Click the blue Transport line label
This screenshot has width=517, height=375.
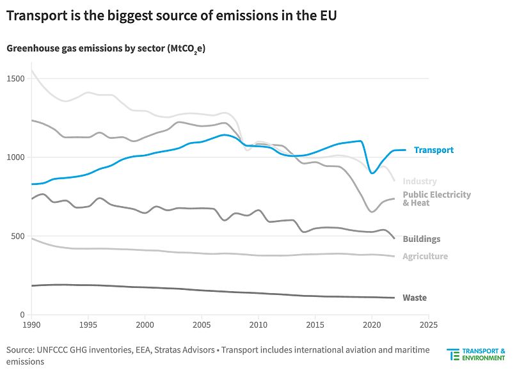click(x=433, y=150)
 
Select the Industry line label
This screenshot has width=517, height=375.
click(x=420, y=182)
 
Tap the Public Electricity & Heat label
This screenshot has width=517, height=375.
click(x=436, y=199)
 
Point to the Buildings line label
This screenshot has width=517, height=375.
click(x=421, y=239)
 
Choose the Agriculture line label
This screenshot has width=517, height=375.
click(x=425, y=257)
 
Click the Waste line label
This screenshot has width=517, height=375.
click(x=414, y=298)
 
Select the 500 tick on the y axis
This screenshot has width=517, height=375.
click(x=17, y=236)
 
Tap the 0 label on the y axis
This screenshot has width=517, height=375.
click(x=21, y=315)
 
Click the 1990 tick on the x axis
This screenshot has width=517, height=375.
click(x=31, y=325)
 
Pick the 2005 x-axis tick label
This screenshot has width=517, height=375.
click(x=202, y=325)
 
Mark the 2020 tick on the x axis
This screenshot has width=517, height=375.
click(x=372, y=325)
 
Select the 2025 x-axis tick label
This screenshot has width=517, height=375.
click(x=428, y=325)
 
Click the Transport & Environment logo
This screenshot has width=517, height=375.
click(x=476, y=355)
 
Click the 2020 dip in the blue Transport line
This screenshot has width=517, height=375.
click(x=372, y=173)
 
